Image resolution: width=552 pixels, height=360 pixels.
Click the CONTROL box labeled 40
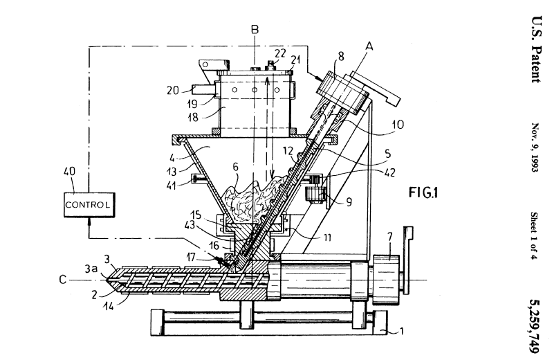click(88, 204)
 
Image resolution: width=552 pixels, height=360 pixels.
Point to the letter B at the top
click(255, 30)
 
